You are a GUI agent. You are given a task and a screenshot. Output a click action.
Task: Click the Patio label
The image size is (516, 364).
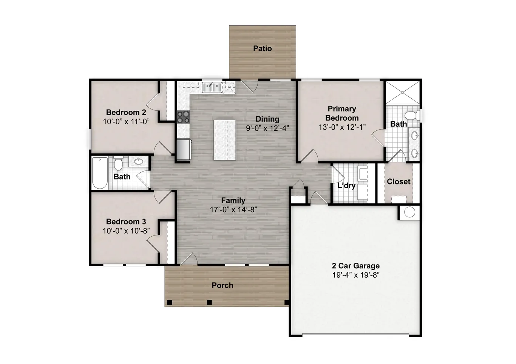pos(262,48)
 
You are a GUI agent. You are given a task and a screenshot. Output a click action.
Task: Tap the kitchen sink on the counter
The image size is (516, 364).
pos(212,87)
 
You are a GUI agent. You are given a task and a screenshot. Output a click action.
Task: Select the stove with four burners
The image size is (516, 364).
pos(183,117)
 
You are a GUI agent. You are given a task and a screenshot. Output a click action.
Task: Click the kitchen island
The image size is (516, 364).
pos(224,140)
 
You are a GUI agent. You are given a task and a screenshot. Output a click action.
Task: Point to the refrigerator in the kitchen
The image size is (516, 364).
pos(184,149)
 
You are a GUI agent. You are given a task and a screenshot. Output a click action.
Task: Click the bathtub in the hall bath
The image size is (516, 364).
pos(100,173)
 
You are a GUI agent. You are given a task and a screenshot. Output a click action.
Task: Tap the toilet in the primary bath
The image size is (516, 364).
pos(411,115)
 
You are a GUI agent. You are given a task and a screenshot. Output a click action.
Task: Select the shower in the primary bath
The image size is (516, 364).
pos(402,92)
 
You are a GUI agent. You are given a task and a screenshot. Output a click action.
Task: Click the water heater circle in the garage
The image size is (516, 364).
pos(409,212)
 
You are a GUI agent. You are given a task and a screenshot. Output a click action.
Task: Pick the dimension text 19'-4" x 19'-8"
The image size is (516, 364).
pos(355,275)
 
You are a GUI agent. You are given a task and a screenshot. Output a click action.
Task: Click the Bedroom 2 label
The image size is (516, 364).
pos(126,112)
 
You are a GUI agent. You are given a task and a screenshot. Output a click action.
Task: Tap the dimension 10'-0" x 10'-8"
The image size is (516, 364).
pos(126,231)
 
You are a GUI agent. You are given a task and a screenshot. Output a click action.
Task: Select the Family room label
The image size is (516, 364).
pos(233,201)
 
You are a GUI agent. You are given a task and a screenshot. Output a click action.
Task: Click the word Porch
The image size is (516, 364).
pos(222,285)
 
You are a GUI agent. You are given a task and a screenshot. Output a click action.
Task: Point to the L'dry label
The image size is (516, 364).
pos(346,186)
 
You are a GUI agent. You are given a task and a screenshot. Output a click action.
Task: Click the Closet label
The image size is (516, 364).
pos(398,181)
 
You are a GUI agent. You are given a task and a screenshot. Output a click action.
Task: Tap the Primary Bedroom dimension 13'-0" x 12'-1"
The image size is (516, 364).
pos(342,127)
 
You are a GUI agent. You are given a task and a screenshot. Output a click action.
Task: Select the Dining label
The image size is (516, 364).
pos(267,119)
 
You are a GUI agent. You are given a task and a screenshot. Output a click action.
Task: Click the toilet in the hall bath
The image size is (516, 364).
pos(119,164)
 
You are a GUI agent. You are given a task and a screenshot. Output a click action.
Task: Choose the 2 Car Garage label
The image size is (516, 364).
pos(355,266)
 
